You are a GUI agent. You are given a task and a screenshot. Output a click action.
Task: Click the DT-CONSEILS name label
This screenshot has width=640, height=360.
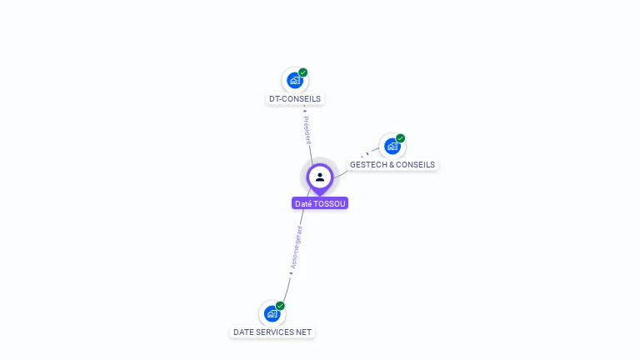295,98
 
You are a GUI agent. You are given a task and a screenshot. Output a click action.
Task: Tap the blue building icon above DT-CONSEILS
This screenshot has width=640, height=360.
293,80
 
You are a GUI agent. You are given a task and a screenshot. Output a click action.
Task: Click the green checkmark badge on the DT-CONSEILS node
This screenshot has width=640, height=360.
303,72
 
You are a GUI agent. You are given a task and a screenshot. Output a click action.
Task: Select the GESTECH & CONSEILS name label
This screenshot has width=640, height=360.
392,165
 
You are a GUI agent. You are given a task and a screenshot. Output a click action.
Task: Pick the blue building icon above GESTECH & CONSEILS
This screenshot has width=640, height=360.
392,146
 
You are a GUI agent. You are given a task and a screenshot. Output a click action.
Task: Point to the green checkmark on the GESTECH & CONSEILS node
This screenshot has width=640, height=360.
401,138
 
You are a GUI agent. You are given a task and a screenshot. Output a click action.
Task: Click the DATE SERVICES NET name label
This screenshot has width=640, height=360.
272,332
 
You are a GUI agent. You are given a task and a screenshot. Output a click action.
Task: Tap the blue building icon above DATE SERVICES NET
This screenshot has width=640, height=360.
271,313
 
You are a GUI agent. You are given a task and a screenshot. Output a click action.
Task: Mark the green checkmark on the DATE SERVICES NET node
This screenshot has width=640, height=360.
281,306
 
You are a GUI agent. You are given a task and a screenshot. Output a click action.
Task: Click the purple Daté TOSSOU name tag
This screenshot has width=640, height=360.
320,203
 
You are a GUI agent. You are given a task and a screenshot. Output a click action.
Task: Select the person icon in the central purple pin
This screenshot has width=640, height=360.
320,177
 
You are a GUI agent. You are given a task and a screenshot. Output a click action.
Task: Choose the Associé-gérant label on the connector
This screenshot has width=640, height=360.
297,247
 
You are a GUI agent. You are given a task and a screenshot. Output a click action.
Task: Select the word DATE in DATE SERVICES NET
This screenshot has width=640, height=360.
244,332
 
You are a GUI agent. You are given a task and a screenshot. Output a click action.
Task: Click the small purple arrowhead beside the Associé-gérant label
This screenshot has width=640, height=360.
290,272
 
